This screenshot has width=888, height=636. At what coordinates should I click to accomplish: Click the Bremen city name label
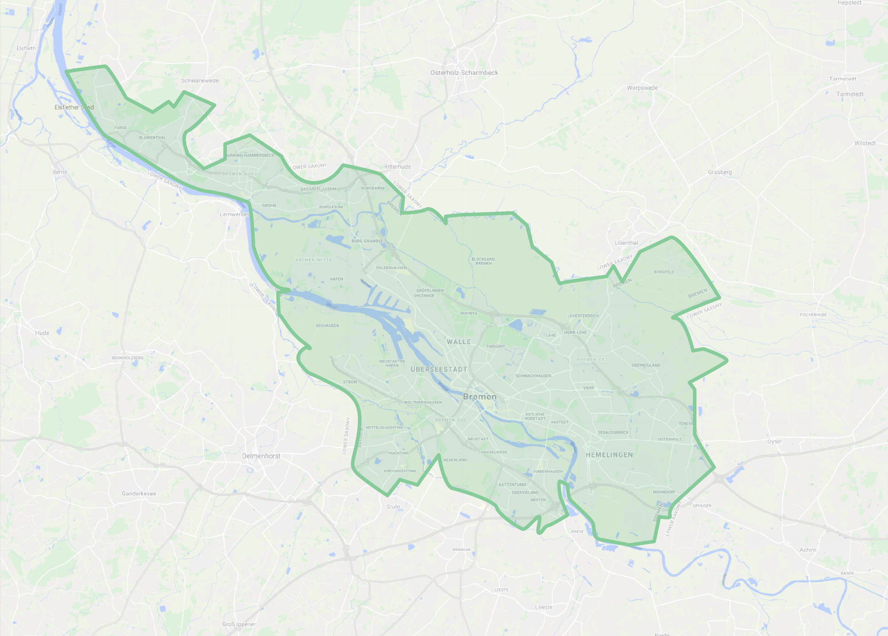pos(480,397)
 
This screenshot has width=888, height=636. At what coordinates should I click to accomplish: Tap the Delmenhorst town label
pos(261,456)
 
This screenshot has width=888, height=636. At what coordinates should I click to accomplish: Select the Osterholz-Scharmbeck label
pos(464,72)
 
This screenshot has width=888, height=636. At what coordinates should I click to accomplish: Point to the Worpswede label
pos(642,88)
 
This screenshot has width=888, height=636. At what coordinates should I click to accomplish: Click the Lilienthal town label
pos(626,243)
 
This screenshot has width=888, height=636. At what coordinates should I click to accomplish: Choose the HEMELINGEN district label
pos(609,454)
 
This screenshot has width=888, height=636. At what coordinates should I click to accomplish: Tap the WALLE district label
pos(459,342)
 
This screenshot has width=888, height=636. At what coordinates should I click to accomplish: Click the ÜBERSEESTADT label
pos(439,369)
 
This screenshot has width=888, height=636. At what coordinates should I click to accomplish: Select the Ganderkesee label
pos(139,493)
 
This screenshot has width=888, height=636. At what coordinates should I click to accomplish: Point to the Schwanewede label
pos(200,81)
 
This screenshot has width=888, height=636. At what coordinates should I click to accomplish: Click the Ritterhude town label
pos(397,167)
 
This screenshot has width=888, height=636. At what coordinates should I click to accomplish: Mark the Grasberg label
pos(720,172)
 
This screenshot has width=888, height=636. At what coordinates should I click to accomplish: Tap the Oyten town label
pos(775,442)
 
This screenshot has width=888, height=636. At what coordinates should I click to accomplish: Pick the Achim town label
pos(808,550)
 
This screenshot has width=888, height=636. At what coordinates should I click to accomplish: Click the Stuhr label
pos(393,507)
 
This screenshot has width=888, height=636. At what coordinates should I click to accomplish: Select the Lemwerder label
pos(234,214)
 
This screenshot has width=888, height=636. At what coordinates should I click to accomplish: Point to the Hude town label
pos(42,333)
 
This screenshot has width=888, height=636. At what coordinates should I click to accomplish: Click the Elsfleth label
pos(26,48)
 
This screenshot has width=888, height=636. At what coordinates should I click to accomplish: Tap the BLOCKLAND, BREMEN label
pos(483,261)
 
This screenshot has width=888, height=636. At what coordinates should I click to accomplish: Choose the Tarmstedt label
pos(850,94)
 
